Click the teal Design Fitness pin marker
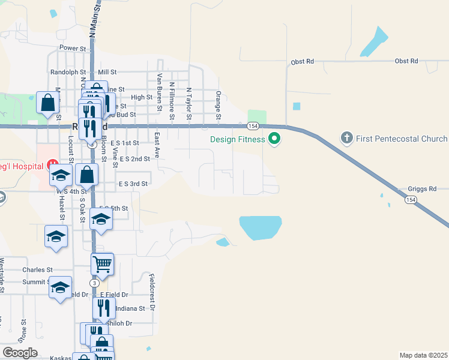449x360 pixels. coord(275,139)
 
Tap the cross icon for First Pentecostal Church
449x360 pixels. coord(346,139)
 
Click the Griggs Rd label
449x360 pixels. coord(421,188)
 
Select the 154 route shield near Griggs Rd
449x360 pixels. coord(411,199)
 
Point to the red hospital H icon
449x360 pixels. coord(53,163)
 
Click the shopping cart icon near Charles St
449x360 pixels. coord(103,263)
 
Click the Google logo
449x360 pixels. coord(20,352)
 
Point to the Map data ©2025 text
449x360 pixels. coord(423,355)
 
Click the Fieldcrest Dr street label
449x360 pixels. coord(152,292)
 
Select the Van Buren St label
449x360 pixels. coord(160,93)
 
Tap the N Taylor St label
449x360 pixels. coord(188,103)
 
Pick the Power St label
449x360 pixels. coord(73,48)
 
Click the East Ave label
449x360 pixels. coord(157,145)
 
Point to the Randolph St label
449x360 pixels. coord(69,71)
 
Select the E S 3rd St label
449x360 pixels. coord(133,183)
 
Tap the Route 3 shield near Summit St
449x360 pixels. coord(94,283)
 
